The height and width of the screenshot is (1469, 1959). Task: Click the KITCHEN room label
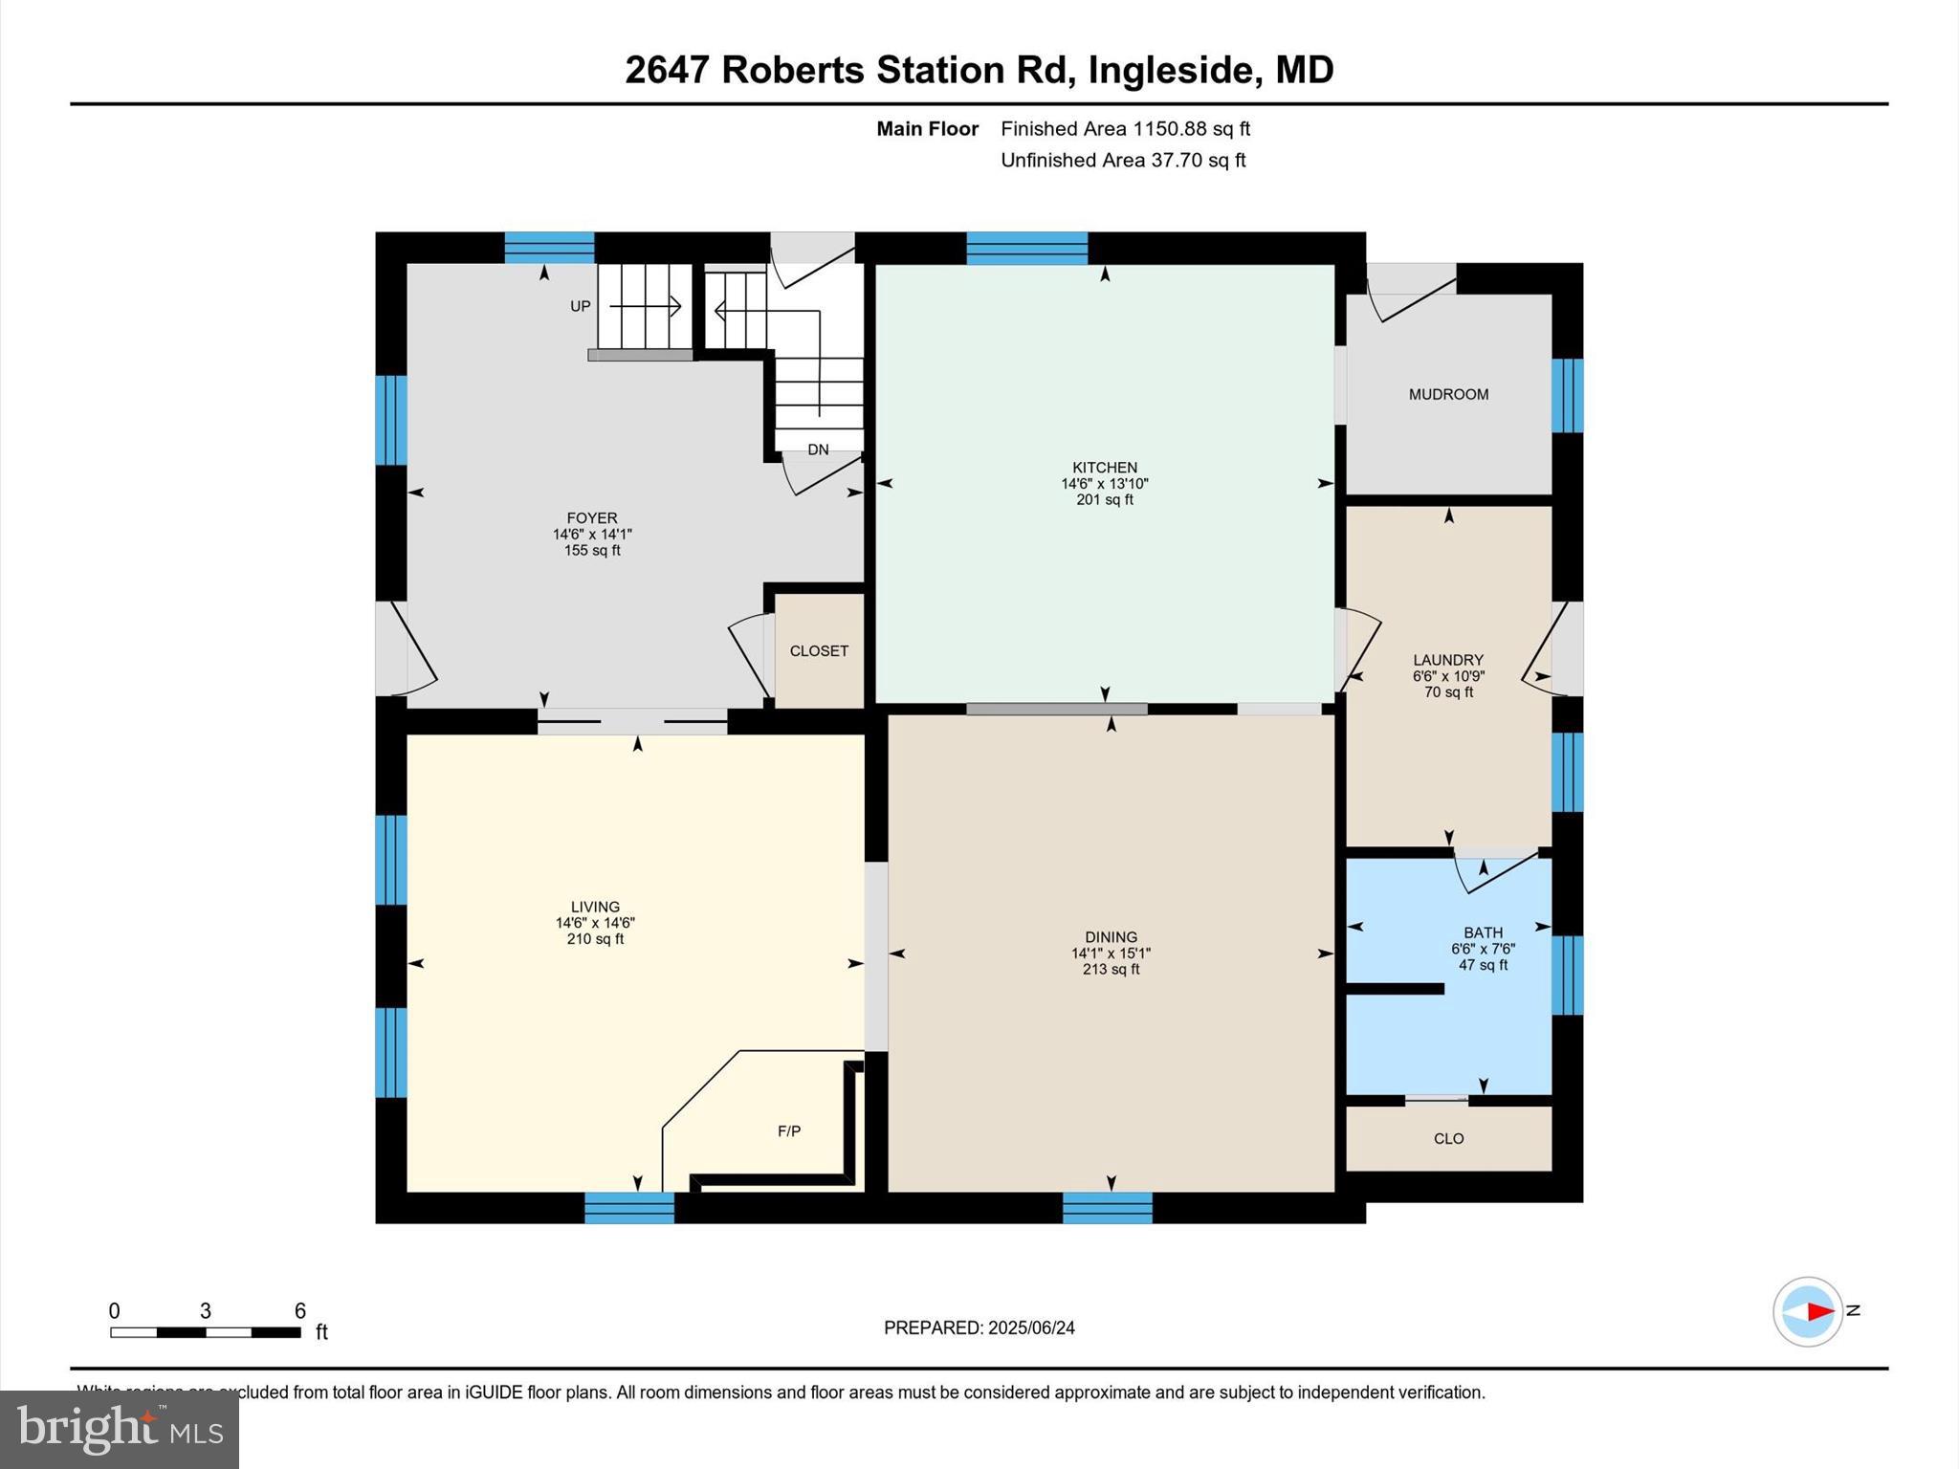[1104, 468]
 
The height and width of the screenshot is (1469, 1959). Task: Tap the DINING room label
[1111, 937]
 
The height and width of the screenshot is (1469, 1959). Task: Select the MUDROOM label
[1448, 394]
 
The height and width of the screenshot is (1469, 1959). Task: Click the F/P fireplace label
[788, 1131]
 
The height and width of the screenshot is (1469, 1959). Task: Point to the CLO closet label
[1448, 1138]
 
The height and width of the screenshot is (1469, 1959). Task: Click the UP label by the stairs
[580, 306]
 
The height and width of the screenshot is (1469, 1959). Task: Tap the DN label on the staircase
[818, 449]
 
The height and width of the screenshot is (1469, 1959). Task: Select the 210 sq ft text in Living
[595, 939]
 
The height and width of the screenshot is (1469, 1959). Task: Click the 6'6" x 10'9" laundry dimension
[1448, 676]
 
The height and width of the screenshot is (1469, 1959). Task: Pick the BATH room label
[1483, 932]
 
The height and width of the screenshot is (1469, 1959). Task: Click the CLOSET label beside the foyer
[819, 650]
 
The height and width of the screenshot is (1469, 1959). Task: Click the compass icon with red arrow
[1807, 1311]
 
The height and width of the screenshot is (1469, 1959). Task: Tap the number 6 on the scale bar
[299, 1310]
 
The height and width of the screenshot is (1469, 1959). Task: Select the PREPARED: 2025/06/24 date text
[979, 1327]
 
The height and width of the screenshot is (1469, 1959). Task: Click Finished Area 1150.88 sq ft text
[1125, 128]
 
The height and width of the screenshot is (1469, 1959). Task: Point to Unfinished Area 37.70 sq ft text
[1123, 160]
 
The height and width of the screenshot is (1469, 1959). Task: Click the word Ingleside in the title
[1170, 70]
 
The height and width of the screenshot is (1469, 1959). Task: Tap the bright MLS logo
[120, 1429]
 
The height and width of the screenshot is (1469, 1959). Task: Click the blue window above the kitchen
[1026, 248]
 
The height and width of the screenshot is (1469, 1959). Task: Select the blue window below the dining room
[1107, 1207]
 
